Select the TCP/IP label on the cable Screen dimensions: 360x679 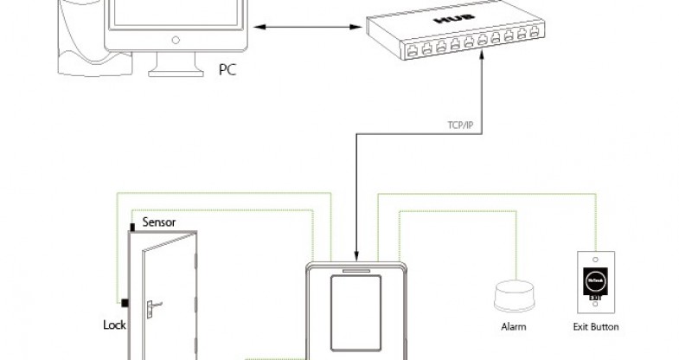461,125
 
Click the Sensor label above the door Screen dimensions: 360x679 159,222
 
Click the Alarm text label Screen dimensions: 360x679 514,327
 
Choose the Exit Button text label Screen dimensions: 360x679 596,327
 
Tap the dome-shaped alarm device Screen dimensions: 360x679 513,296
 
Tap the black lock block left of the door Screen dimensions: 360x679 125,303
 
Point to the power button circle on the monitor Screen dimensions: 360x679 176,39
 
